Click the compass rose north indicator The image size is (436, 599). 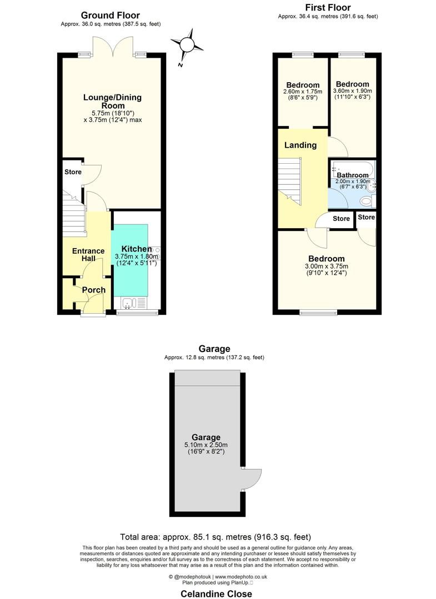tap(187, 45)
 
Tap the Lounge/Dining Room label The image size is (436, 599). tap(112, 102)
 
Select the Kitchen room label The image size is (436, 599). tap(137, 249)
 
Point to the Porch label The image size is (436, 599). tap(94, 290)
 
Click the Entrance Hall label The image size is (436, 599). tap(88, 254)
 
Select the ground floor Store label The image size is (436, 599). tap(73, 172)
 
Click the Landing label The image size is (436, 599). tap(300, 145)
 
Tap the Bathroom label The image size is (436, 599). tap(352, 175)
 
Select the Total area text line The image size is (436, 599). tap(216, 537)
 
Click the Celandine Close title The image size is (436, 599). tap(216, 594)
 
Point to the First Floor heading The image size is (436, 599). tap(328, 8)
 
